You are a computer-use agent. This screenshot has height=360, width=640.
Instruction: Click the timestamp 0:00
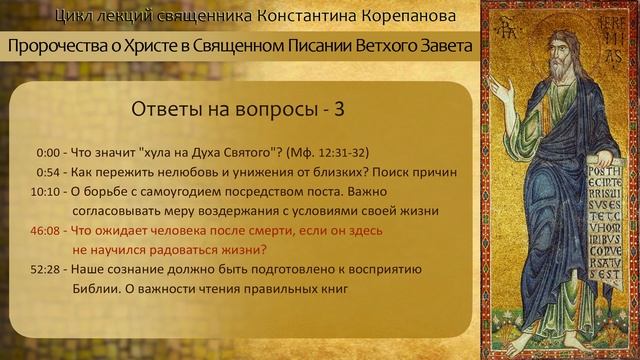(x=47, y=153)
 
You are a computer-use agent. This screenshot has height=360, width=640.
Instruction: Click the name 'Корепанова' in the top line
(x=407, y=17)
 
